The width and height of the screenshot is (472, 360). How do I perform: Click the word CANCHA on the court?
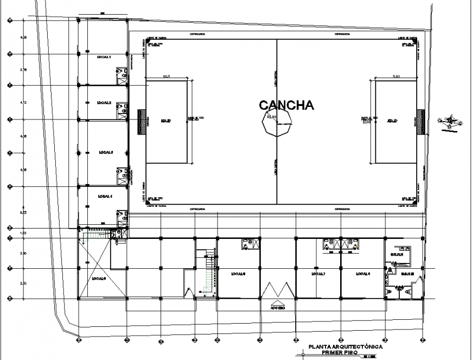click(286, 105)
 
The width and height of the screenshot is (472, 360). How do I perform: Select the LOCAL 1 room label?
click(104, 57)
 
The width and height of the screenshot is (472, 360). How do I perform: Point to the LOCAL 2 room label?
click(104, 103)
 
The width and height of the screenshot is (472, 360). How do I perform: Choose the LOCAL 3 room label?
click(104, 152)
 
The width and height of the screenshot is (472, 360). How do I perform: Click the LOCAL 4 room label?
click(104, 196)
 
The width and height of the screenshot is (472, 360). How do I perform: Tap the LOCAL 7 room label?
click(318, 274)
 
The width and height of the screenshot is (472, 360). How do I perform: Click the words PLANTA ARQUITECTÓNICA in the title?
click(346, 346)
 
